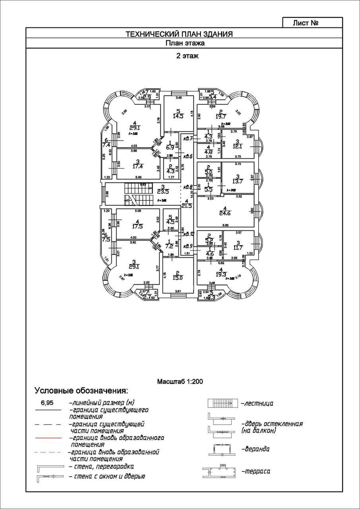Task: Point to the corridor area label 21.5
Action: click(186, 205)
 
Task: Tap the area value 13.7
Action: click(238, 181)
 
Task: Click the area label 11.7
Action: click(238, 248)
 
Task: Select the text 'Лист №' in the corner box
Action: click(305, 23)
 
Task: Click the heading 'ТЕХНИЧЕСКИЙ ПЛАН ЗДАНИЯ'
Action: click(179, 34)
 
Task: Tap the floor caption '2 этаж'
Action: click(187, 56)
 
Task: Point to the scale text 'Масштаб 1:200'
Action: click(180, 381)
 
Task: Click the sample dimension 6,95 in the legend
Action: click(47, 403)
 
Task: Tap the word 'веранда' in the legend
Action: click(255, 449)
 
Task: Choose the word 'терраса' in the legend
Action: click(256, 471)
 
